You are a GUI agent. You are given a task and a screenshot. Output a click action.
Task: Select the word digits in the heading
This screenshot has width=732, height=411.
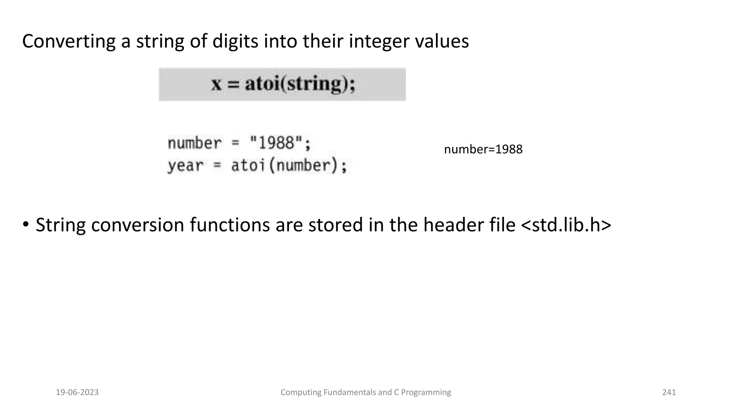235,41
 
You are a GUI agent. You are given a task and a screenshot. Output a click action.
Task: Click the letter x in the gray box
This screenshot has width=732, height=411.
217,84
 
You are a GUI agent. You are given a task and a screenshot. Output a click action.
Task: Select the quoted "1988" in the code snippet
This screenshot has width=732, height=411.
276,143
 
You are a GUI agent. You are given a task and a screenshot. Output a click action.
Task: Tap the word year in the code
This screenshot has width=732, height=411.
185,166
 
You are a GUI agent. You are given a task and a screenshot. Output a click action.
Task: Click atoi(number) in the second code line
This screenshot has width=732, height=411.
289,166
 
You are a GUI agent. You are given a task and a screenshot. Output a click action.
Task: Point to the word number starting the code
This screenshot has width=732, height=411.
194,143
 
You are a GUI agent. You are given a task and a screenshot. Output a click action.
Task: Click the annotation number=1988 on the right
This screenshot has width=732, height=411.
483,149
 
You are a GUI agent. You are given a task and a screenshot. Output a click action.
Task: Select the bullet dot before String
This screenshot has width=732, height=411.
26,225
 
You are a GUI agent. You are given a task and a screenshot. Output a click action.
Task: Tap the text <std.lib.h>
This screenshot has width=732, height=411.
566,225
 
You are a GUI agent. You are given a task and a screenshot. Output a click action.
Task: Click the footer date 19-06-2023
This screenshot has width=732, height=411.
77,392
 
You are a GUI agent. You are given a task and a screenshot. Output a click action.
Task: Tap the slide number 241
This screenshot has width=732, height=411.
669,392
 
